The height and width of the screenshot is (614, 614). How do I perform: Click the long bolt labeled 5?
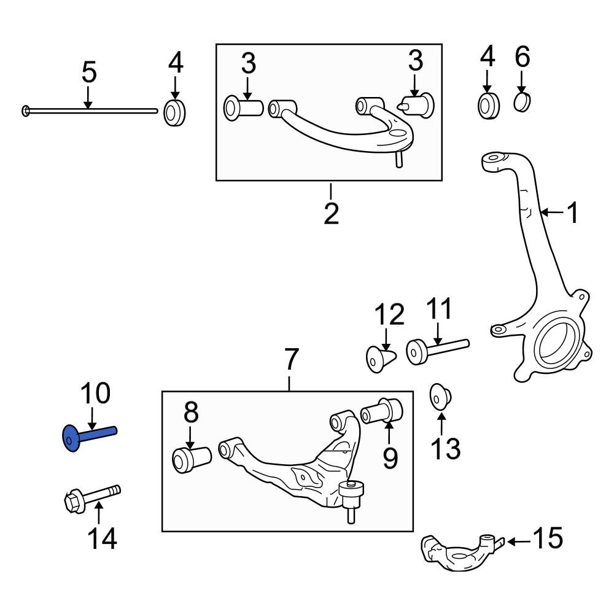click(89, 111)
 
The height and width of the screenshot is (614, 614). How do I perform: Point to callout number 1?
click(572, 214)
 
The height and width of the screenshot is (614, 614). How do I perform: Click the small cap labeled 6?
click(521, 103)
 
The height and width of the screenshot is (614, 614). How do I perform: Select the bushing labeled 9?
click(383, 410)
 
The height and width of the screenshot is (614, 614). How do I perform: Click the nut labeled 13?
click(439, 395)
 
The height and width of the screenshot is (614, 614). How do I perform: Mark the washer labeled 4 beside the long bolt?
click(176, 112)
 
